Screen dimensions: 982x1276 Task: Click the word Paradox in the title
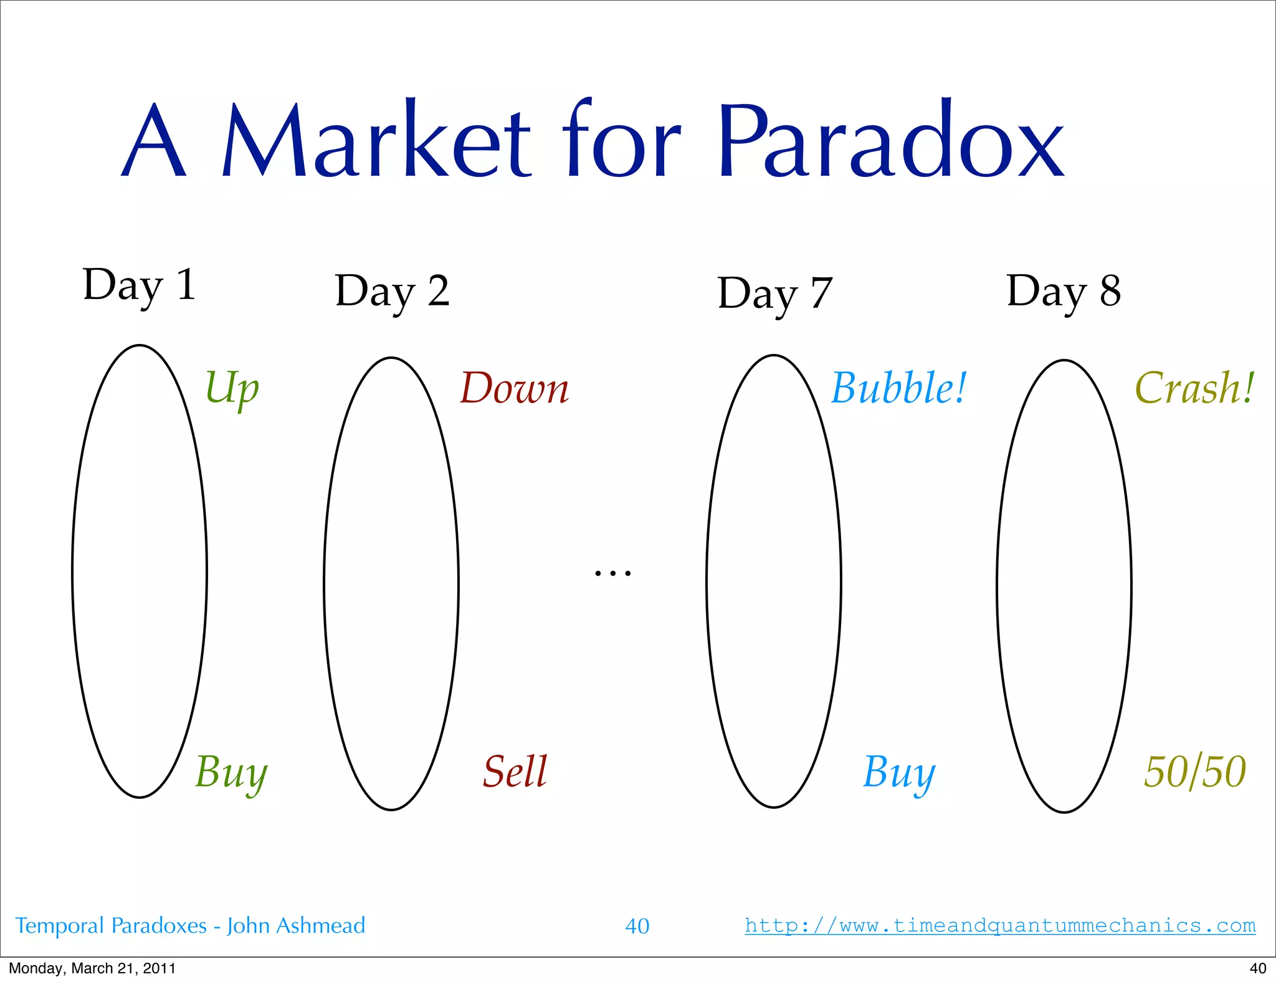click(891, 140)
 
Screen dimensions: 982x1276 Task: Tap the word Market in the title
click(376, 140)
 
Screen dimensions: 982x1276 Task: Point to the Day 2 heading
click(392, 292)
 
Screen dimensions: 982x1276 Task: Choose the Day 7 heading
click(774, 293)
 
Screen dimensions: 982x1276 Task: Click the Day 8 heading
click(1064, 291)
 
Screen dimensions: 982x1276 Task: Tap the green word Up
click(232, 388)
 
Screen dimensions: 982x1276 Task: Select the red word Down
click(514, 388)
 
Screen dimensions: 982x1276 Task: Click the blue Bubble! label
click(898, 388)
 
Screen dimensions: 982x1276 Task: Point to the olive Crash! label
click(1194, 388)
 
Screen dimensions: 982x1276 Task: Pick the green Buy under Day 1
click(231, 773)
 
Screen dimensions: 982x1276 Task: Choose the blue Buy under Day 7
click(898, 773)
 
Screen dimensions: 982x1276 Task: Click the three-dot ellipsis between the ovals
click(612, 573)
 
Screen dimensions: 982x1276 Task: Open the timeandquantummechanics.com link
click(1000, 925)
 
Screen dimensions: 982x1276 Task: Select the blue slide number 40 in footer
click(637, 926)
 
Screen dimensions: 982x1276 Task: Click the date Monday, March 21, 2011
click(92, 968)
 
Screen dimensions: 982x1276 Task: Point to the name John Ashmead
click(295, 926)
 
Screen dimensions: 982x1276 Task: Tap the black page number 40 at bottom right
click(1257, 968)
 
